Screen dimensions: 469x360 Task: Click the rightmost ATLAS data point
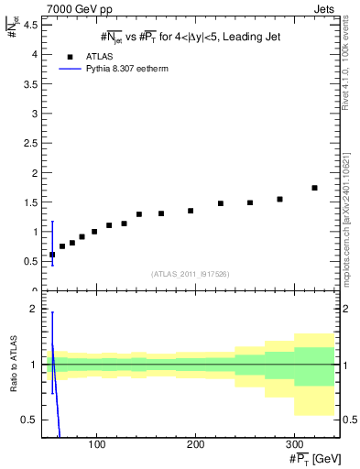[314, 188]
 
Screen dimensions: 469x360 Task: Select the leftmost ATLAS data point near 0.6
[52, 255]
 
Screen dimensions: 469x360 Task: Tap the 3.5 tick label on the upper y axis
[33, 84]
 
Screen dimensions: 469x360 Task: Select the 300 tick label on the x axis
[293, 444]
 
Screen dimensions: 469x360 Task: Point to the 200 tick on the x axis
[195, 444]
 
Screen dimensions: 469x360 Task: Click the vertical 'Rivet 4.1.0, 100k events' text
[350, 69]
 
